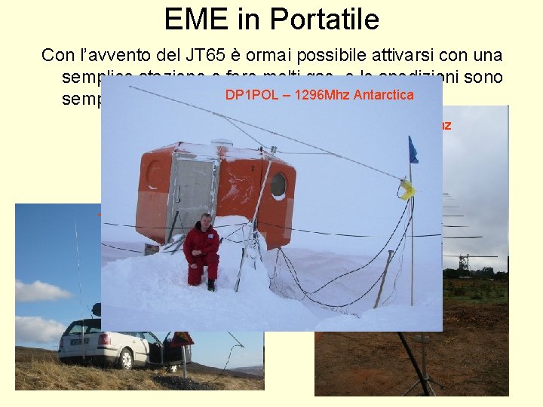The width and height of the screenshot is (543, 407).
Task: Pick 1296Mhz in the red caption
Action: [318, 95]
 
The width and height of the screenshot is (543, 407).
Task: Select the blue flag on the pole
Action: [413, 149]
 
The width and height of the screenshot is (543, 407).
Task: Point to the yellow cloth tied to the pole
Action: [408, 189]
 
